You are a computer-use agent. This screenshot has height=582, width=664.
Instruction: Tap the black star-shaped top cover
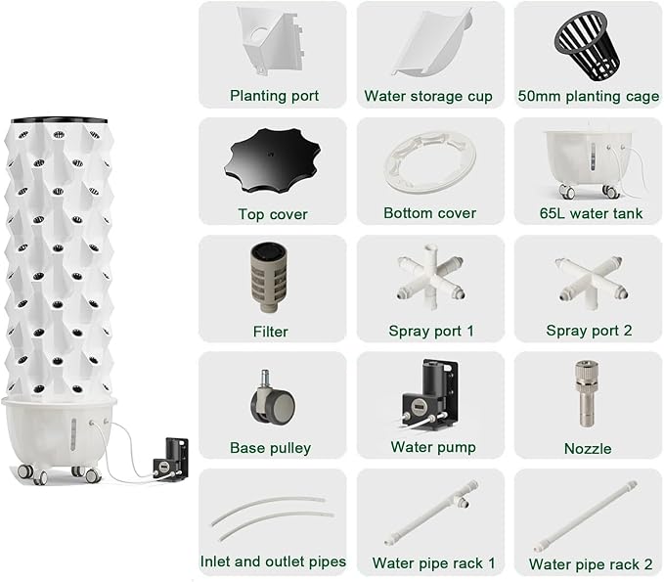point(272,160)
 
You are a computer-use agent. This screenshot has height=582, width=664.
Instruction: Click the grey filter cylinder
point(269,277)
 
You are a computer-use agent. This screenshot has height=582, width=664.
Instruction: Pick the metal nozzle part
point(587,394)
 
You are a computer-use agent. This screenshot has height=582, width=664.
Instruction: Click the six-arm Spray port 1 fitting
point(430,276)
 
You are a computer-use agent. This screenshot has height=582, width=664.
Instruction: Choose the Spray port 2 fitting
point(592,281)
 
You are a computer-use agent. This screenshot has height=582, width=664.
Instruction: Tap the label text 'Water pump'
point(433,447)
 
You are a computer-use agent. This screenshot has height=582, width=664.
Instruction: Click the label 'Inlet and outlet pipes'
point(273,561)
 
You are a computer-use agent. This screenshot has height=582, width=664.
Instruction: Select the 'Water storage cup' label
point(428,96)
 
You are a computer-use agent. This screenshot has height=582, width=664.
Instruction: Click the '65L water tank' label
point(591,213)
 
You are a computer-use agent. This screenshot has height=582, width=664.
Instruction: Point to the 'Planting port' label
point(274,96)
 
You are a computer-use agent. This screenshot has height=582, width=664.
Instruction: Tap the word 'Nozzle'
point(588,449)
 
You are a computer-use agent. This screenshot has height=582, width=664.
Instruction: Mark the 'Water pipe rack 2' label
point(591,564)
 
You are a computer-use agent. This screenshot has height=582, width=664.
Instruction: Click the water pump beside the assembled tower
point(170,460)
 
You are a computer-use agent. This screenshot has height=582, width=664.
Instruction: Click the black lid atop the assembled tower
point(59,120)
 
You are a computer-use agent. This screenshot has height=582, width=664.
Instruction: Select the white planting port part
point(271,41)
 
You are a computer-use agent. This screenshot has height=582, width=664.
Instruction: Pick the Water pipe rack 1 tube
point(432,513)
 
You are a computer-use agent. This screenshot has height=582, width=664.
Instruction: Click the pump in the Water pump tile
point(429,395)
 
